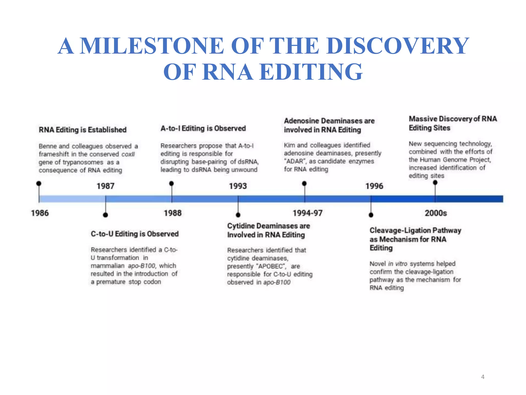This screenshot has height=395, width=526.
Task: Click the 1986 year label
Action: click(x=40, y=213)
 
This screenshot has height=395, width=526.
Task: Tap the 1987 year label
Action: click(x=105, y=186)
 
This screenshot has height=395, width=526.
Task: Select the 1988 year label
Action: click(x=173, y=213)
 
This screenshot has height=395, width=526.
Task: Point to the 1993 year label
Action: click(x=238, y=186)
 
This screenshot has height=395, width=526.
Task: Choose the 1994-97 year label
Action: click(x=307, y=213)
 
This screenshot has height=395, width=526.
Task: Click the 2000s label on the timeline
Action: click(x=436, y=213)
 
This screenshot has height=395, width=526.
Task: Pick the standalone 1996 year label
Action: click(x=374, y=186)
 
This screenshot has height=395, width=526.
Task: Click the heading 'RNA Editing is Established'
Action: click(x=82, y=130)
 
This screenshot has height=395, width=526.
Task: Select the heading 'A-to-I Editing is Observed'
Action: click(x=203, y=128)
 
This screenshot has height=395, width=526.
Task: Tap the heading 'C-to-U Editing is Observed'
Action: click(x=135, y=234)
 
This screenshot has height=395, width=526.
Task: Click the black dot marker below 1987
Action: click(x=105, y=215)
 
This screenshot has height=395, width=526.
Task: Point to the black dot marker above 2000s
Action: click(x=435, y=183)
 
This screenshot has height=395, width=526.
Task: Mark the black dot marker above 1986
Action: click(x=39, y=183)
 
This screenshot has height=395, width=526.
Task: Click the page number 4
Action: click(x=483, y=377)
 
